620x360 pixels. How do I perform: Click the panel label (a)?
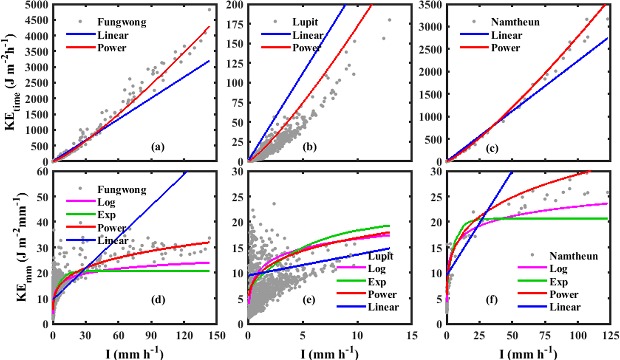point(158,147)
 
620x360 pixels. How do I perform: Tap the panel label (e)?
point(309,300)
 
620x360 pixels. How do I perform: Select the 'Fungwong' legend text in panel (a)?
point(122,22)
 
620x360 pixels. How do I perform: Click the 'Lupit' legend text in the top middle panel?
point(305,22)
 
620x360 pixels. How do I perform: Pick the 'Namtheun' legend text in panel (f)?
point(574,256)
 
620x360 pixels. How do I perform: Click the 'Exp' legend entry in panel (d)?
point(107,215)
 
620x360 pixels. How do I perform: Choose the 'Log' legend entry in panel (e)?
point(377,269)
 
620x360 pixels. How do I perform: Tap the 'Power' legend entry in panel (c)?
point(505,48)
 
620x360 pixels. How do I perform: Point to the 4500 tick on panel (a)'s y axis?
point(37,20)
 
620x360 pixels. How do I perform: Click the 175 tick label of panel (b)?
point(235,24)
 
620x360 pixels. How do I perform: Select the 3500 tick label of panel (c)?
point(430,5)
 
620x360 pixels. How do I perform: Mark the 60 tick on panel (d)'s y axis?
point(43,171)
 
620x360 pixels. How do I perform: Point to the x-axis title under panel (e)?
point(329,353)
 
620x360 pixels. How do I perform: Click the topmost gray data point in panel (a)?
point(209,10)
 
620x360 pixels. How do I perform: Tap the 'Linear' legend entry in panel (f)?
point(565,307)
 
